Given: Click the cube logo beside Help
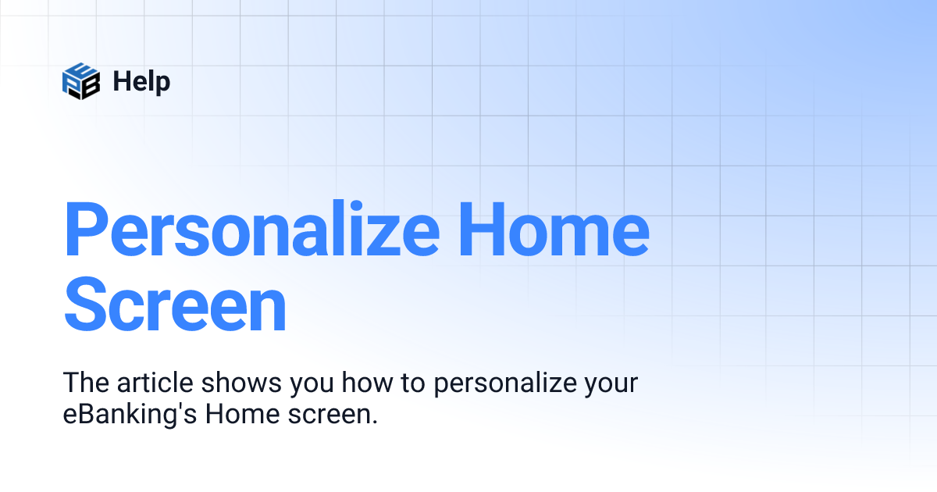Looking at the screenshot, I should click(81, 80).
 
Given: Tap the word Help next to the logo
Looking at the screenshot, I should click(141, 80).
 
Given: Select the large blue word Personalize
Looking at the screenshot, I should click(251, 231).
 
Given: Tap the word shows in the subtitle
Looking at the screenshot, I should click(244, 383).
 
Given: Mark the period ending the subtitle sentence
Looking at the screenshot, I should click(374, 422).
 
